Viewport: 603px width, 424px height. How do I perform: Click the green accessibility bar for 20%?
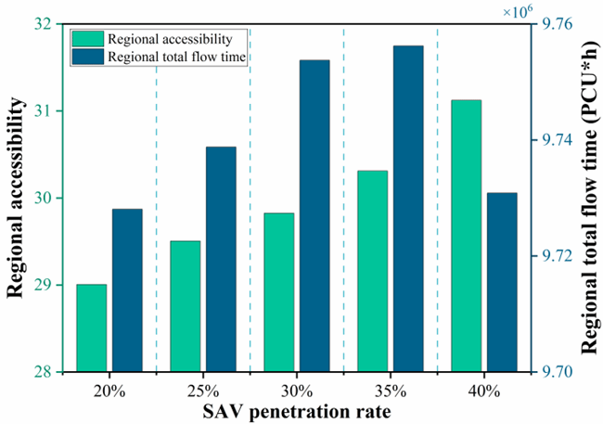91,328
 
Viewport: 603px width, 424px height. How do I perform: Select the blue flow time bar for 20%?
127,290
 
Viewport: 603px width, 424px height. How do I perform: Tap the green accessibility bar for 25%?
185,306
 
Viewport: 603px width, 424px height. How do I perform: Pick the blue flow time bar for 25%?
221,259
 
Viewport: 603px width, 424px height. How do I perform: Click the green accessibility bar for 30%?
278,292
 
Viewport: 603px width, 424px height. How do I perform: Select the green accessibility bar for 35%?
372,271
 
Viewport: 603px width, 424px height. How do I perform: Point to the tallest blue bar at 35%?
408,209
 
